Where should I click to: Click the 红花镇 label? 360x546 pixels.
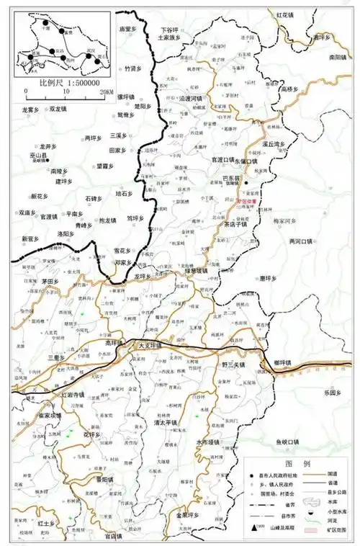tap(287, 14)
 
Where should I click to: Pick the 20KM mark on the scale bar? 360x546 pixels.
tap(107, 93)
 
